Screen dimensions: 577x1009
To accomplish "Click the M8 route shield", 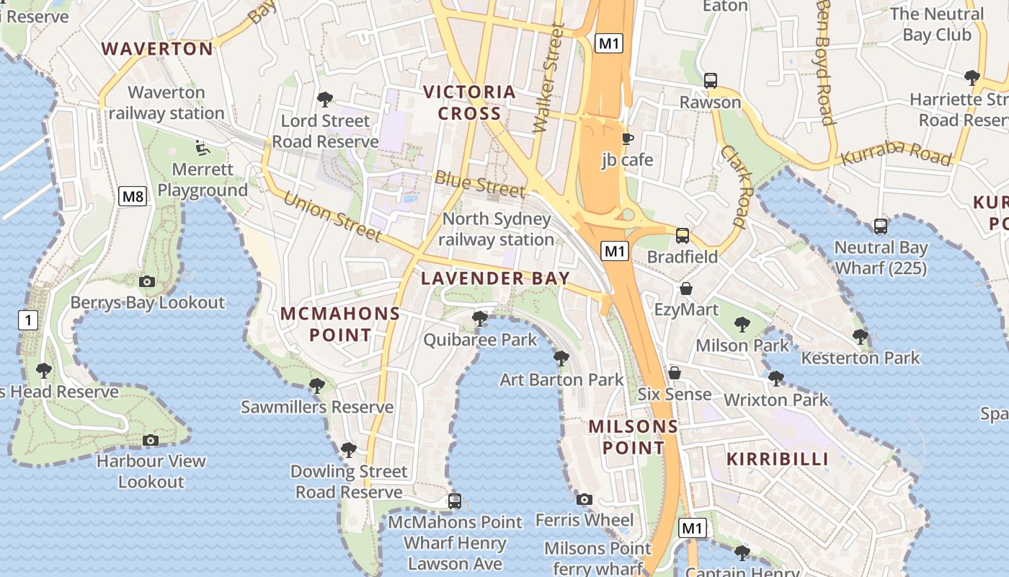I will (133, 196).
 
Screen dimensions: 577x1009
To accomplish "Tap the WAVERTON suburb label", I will (157, 49).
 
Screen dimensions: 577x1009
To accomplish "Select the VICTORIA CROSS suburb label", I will (469, 102).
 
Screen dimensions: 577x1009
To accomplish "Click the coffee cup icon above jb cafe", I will (627, 138).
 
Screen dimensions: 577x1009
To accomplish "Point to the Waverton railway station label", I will (166, 102).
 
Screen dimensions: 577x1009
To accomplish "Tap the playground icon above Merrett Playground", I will (203, 148).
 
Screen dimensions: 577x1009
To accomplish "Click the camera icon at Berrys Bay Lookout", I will (147, 281).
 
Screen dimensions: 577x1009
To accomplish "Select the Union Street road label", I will (332, 216).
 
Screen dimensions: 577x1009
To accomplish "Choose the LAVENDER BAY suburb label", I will (495, 278).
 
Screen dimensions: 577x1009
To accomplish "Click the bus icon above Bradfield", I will (682, 235).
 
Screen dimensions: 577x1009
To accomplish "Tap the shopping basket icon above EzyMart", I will (686, 288).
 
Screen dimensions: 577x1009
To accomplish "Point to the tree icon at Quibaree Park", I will (479, 318).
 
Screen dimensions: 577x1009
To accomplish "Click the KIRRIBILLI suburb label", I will (777, 459).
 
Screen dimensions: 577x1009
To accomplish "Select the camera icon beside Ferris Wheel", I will (584, 499).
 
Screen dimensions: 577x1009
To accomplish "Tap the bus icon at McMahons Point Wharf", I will (454, 501).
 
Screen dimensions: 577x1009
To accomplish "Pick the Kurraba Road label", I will (896, 154).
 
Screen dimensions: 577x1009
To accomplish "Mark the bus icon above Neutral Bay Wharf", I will (880, 226).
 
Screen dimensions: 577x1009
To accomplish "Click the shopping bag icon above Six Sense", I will (675, 373).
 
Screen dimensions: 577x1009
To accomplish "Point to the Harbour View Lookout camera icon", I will (151, 440).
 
